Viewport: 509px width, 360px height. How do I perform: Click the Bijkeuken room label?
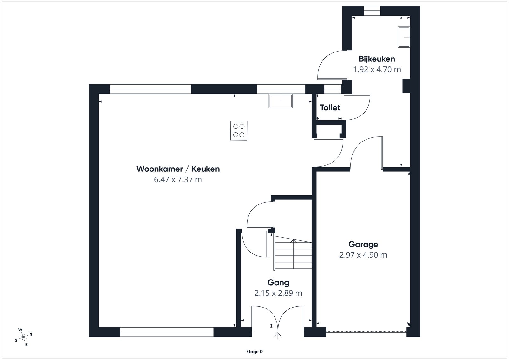[377, 59]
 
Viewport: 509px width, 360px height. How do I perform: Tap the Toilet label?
[330, 107]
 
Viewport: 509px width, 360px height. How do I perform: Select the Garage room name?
[363, 244]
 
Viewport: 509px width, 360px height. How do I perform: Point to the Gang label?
[278, 282]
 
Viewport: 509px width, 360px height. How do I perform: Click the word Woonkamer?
[159, 169]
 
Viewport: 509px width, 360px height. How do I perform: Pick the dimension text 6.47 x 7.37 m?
[178, 179]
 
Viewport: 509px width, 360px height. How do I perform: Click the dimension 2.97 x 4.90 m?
[363, 255]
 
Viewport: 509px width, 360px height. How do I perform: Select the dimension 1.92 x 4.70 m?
[377, 69]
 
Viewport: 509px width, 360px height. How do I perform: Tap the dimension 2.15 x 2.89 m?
[278, 293]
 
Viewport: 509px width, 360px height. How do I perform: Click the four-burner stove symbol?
[239, 131]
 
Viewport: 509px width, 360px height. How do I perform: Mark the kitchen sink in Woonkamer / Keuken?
[281, 101]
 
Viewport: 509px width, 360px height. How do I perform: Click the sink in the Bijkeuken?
[404, 37]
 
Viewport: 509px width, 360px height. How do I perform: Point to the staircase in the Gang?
[293, 253]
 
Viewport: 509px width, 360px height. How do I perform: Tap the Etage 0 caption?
[254, 352]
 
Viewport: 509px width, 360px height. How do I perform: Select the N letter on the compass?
[31, 334]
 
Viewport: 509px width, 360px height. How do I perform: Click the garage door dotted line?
[366, 332]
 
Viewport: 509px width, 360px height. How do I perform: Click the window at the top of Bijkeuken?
[372, 11]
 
